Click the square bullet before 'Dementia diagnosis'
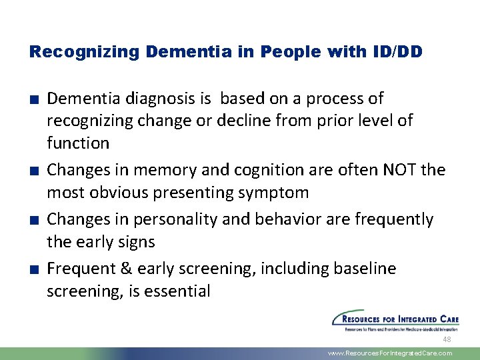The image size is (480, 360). pyautogui.click(x=33, y=100)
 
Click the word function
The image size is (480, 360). pyautogui.click(x=78, y=143)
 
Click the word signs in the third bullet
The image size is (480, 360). pyautogui.click(x=137, y=241)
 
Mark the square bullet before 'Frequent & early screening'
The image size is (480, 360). pyautogui.click(x=33, y=270)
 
